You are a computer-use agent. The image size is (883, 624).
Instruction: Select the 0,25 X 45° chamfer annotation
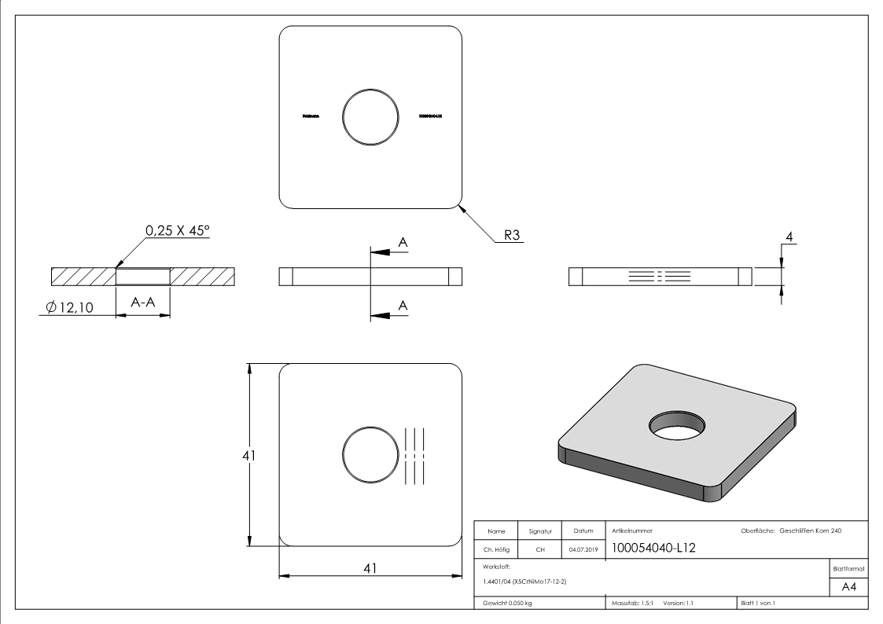[x=177, y=232]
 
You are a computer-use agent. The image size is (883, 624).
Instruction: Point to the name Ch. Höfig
[x=497, y=550]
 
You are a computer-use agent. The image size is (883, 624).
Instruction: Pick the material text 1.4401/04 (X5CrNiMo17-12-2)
[x=523, y=581]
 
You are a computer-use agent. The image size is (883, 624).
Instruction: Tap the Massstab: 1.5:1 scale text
[x=632, y=603]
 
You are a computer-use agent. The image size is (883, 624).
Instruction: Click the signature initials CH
[x=540, y=550]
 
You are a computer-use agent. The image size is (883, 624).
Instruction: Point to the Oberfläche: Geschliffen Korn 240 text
[x=791, y=531]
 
